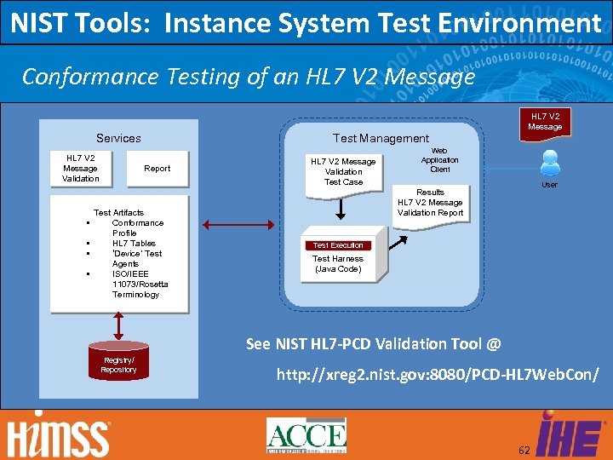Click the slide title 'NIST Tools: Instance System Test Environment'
click(306, 23)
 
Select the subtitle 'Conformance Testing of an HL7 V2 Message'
click(248, 77)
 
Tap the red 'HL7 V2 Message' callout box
click(545, 122)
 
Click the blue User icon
click(550, 163)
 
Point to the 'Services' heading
click(118, 138)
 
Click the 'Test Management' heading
click(381, 138)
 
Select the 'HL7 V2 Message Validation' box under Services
click(81, 168)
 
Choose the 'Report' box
click(157, 169)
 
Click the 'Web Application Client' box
click(439, 159)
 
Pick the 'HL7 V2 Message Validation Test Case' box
click(343, 171)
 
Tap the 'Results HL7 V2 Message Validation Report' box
click(430, 203)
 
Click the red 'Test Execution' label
click(337, 245)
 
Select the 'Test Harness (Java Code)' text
click(337, 264)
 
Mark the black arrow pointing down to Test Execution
click(340, 210)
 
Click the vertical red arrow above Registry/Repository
click(118, 325)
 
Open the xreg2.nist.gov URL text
click(438, 375)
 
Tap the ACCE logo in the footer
click(306, 435)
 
